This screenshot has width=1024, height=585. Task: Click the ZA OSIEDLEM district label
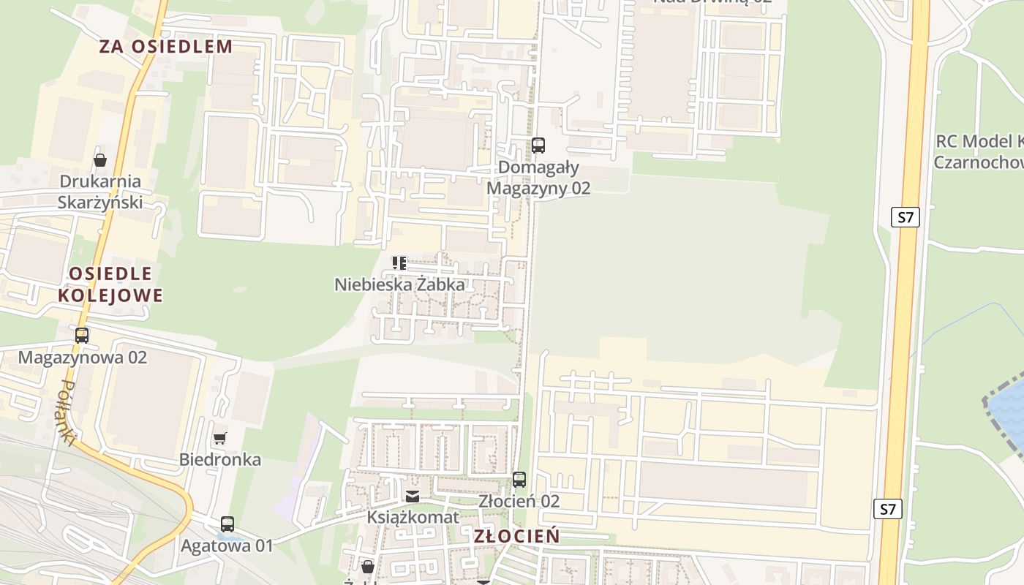(166, 47)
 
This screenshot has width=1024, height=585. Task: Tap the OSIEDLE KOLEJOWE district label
(110, 284)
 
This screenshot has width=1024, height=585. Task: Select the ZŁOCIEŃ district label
(516, 536)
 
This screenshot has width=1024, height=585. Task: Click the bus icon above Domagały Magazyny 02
(538, 146)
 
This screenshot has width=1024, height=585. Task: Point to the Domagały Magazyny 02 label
(538, 178)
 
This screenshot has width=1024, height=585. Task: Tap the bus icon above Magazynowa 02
(82, 336)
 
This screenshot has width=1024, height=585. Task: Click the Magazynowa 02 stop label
(83, 358)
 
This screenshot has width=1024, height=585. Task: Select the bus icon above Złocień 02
(519, 480)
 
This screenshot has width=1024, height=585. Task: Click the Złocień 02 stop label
(519, 501)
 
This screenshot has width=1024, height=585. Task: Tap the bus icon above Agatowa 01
(227, 524)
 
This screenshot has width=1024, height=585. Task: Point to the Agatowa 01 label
(227, 546)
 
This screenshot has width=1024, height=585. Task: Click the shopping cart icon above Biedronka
(219, 439)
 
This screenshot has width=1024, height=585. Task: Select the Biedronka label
(220, 460)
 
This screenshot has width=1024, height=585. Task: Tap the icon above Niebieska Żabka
(399, 263)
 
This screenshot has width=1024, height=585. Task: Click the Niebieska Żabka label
(399, 284)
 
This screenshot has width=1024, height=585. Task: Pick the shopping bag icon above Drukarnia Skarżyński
(100, 160)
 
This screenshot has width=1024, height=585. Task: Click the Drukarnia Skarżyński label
(100, 192)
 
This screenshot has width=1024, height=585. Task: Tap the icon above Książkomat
(413, 497)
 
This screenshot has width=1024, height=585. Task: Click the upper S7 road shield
(906, 217)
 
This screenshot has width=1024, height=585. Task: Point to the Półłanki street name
(67, 412)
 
